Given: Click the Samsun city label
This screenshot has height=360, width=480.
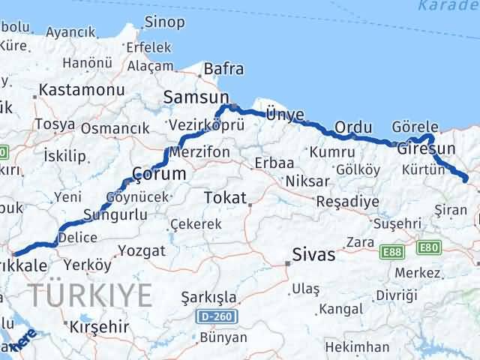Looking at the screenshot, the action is point(196,97).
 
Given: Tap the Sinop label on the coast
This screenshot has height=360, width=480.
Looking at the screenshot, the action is point(164,22).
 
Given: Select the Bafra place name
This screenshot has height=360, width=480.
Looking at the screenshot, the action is point(225,70).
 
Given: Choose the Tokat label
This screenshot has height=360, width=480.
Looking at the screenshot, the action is point(223,198).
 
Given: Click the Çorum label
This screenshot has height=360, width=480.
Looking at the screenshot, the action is point(158,173).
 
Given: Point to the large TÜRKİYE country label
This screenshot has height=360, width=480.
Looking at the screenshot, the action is point(89,295).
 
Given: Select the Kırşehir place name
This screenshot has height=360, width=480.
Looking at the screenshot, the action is point(99,327).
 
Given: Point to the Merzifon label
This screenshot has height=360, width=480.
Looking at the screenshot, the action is point(199,151).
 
